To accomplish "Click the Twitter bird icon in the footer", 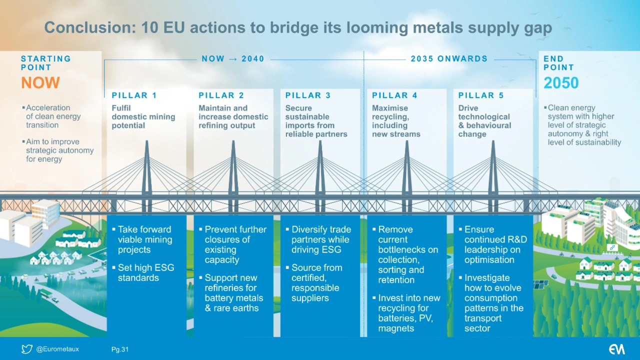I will pyautogui.click(x=27, y=349).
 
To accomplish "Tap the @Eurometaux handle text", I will pyautogui.click(x=57, y=349).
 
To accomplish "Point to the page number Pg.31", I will pyautogui.click(x=119, y=349).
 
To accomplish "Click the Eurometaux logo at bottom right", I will pyautogui.click(x=616, y=349).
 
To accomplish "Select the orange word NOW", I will pyautogui.click(x=40, y=83).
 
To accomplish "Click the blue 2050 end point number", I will pyautogui.click(x=561, y=83).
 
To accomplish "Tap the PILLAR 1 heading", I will pyautogui.click(x=134, y=95).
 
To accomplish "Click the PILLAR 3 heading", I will pyautogui.click(x=308, y=95).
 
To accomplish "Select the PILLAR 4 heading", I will pyautogui.click(x=394, y=95).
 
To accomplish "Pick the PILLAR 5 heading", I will pyautogui.click(x=481, y=95).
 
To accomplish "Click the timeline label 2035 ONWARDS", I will pyautogui.click(x=449, y=59).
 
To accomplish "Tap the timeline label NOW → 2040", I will pyautogui.click(x=233, y=59).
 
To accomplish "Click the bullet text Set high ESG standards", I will pyautogui.click(x=145, y=272).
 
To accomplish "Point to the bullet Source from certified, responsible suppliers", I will pyautogui.click(x=316, y=283).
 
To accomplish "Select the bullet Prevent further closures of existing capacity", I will pyautogui.click(x=235, y=244).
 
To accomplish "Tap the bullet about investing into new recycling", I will pyautogui.click(x=408, y=313).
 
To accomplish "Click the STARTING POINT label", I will pyautogui.click(x=45, y=63).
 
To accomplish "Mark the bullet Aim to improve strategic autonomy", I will pyautogui.click(x=59, y=150).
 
